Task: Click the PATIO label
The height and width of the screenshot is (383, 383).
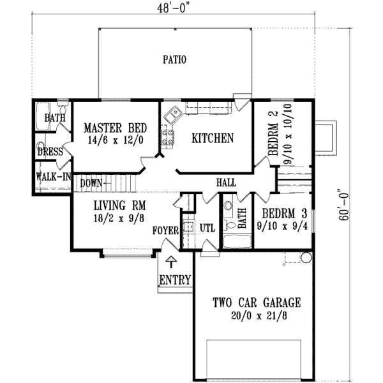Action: coord(174,61)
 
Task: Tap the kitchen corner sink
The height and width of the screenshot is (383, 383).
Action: coord(172,116)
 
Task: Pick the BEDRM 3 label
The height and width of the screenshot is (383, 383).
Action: coord(277,214)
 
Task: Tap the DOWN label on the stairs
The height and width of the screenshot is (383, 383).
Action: coord(91,183)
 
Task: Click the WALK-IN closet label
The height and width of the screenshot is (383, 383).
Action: coord(52,176)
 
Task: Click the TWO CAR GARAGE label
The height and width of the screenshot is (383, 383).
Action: coord(257,303)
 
